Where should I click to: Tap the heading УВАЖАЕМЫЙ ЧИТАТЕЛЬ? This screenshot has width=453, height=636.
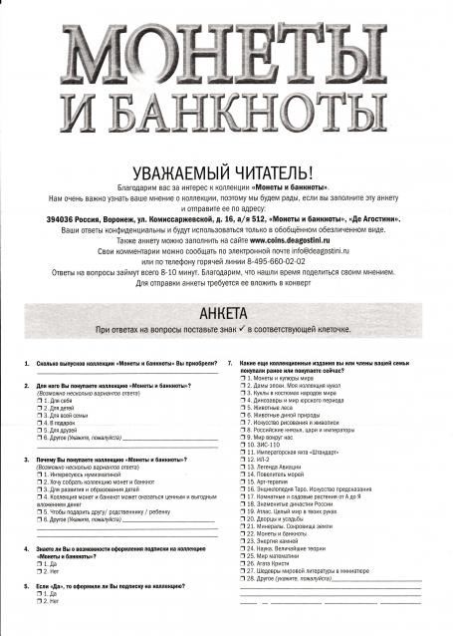pos(226,173)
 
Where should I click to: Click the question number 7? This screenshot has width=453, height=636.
pos(230,363)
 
